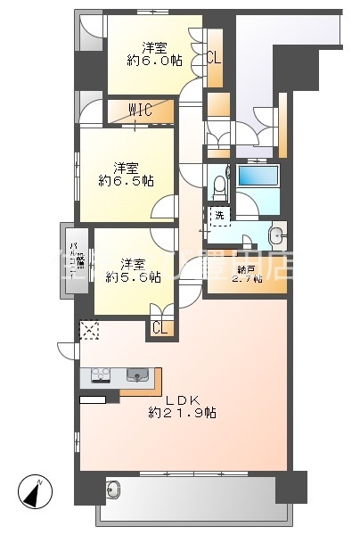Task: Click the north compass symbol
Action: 37,490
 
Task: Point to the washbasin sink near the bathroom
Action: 276,236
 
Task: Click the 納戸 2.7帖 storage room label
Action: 246,273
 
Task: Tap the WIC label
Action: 139,110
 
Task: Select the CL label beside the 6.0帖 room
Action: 214,59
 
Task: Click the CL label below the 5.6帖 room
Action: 160,328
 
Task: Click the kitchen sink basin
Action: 138,374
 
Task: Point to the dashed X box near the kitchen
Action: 90,330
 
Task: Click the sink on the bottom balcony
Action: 113,490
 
